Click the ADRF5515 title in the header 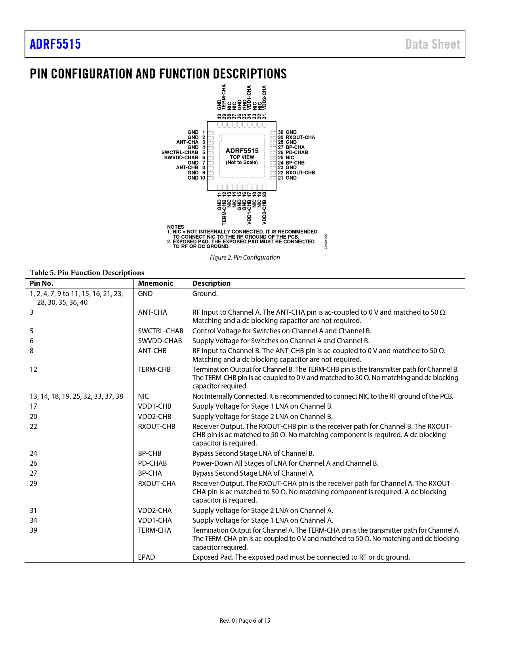click(x=55, y=44)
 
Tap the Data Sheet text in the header click(x=433, y=44)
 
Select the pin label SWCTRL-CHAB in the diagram click(x=180, y=153)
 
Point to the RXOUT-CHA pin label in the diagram click(x=300, y=138)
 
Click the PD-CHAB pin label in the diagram click(x=297, y=153)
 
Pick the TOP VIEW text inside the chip click(x=242, y=157)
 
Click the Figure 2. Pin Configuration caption click(x=245, y=258)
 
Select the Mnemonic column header click(x=155, y=283)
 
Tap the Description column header click(x=211, y=283)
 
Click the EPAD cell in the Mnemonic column click(x=147, y=557)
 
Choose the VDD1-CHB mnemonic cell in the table click(x=154, y=406)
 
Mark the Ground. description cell click(x=205, y=294)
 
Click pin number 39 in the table click(x=34, y=530)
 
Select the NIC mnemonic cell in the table click(x=143, y=396)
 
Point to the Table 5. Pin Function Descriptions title click(x=87, y=273)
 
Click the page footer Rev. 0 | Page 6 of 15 click(x=245, y=621)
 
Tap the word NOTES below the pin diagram click(x=175, y=227)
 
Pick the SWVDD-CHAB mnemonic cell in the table click(x=160, y=341)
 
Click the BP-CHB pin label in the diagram click(x=295, y=163)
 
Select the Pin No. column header click(x=41, y=283)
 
